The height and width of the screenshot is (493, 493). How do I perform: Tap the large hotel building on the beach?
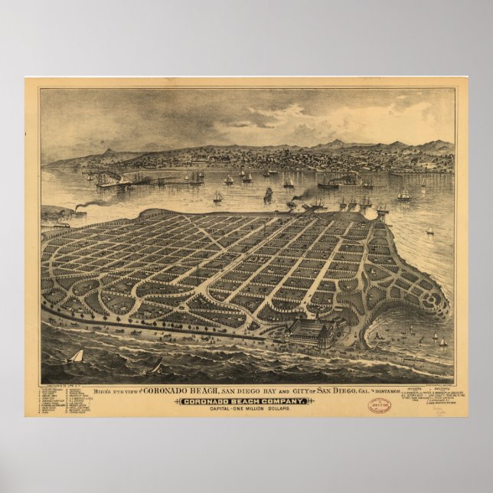click(x=314, y=333)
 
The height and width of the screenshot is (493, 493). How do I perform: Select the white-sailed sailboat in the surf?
click(x=75, y=356)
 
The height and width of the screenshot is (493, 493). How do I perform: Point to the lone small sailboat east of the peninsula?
click(x=429, y=230)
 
